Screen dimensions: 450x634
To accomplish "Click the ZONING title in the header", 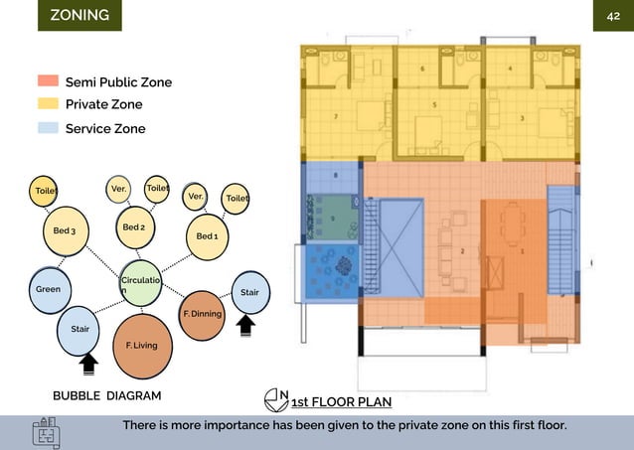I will click(80, 16).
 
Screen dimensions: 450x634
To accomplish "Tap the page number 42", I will click(613, 17).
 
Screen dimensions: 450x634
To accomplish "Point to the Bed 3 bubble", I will click(65, 231).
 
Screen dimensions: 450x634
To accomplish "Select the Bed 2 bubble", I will click(134, 227).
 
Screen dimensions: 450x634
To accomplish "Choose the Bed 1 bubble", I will click(207, 236).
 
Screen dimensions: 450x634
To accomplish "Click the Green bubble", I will click(49, 289).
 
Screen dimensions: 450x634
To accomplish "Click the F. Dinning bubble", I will click(202, 314).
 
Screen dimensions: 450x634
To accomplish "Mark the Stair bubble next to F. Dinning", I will click(249, 292).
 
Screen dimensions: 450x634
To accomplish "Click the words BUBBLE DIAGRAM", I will click(106, 395).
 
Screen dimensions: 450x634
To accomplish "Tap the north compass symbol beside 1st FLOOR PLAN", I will click(277, 400).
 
